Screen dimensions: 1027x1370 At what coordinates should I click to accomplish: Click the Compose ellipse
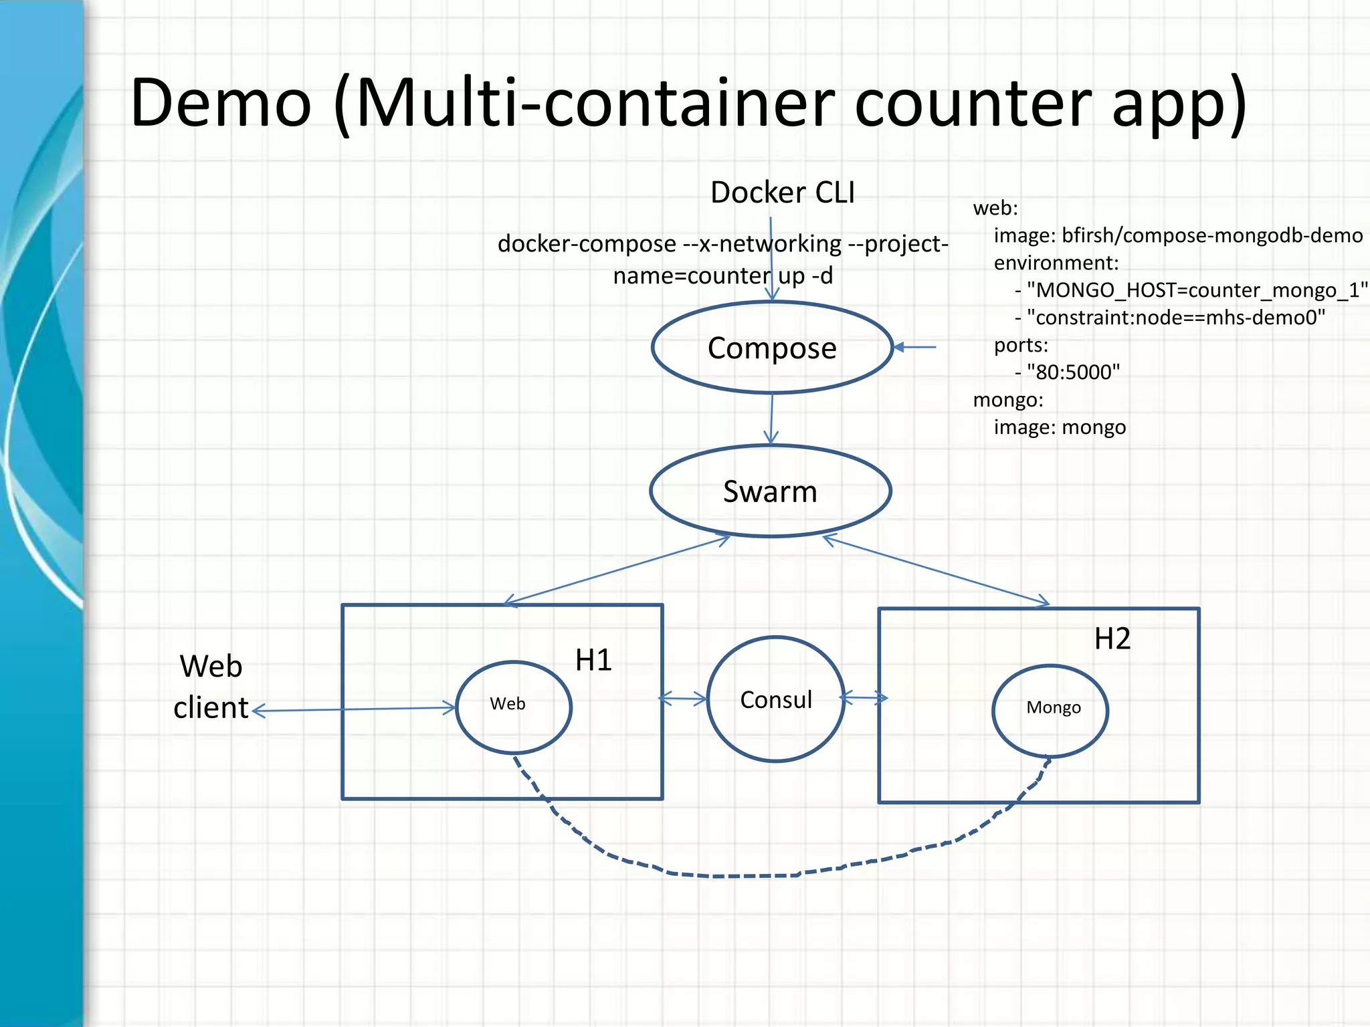click(x=772, y=348)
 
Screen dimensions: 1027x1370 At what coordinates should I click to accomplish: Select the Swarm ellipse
click(x=770, y=491)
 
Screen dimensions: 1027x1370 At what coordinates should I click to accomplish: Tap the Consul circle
click(x=775, y=699)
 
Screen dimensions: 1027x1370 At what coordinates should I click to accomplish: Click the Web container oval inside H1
click(x=513, y=707)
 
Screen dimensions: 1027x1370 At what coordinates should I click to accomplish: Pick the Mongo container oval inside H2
click(x=1050, y=710)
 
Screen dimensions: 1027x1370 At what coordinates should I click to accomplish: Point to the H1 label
click(x=593, y=660)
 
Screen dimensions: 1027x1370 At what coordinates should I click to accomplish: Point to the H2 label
click(x=1112, y=639)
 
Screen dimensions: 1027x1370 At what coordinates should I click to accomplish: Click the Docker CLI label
click(x=782, y=193)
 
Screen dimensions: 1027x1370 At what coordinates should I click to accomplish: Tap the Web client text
click(x=211, y=687)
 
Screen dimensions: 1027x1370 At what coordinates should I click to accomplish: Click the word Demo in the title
click(x=221, y=104)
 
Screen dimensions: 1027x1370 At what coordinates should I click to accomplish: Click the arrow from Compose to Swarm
click(x=771, y=419)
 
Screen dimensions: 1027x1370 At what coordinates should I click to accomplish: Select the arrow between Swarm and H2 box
click(x=937, y=571)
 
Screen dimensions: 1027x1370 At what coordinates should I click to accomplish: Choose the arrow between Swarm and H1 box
click(x=615, y=571)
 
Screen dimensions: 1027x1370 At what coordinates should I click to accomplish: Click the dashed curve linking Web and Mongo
click(x=736, y=875)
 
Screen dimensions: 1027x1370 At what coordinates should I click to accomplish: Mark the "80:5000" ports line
click(x=1072, y=372)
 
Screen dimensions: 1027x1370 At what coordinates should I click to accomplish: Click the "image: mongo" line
click(x=1060, y=427)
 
